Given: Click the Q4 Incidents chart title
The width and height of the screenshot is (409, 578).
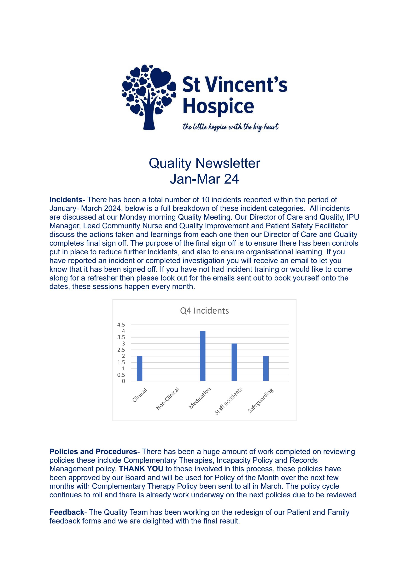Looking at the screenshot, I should point(204,311).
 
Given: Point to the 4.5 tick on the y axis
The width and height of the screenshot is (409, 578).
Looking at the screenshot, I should point(121,325).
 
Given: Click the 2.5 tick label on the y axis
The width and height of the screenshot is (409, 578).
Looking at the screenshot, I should point(121,350).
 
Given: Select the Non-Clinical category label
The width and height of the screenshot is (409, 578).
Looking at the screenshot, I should point(167,398).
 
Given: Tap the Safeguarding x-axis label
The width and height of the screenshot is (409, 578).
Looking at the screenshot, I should point(260,401).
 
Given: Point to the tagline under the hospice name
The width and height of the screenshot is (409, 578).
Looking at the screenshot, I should point(231,127).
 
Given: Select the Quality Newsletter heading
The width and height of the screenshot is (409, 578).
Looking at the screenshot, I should point(204,163).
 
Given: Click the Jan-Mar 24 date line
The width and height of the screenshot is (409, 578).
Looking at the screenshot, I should point(204,179).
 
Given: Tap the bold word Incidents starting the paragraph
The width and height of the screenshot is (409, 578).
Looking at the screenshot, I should point(66,200).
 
